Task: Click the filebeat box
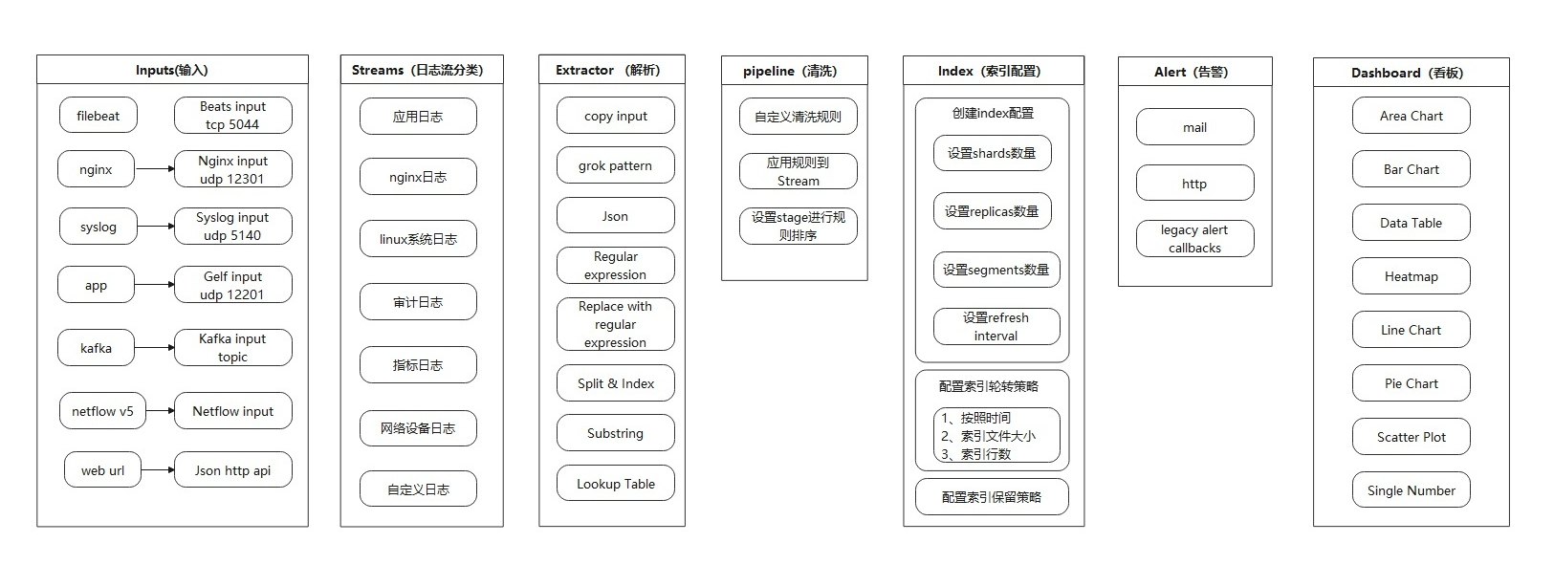click(98, 116)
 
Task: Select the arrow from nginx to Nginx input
click(155, 169)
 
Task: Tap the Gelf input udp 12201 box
click(232, 285)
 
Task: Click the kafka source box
click(96, 348)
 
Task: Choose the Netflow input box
click(232, 411)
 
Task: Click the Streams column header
click(421, 70)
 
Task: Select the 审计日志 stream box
click(418, 302)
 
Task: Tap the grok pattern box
click(615, 165)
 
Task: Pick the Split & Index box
click(615, 383)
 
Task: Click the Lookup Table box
click(615, 484)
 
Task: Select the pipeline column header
click(794, 71)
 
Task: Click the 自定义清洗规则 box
click(798, 117)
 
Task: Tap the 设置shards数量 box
click(992, 153)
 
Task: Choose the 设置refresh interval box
click(996, 326)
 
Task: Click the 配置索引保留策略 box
click(992, 497)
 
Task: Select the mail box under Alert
click(1194, 127)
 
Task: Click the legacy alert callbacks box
click(1194, 239)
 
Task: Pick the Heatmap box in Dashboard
click(1411, 276)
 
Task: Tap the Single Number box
click(1411, 490)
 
